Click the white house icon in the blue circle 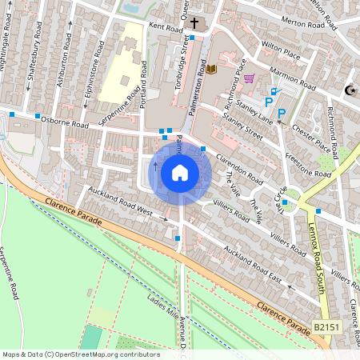click(x=180, y=173)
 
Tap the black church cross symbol click(x=194, y=22)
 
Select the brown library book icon click(x=211, y=70)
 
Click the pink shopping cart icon click(x=249, y=78)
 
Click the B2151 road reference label click(x=326, y=328)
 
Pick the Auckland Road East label click(x=253, y=267)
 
